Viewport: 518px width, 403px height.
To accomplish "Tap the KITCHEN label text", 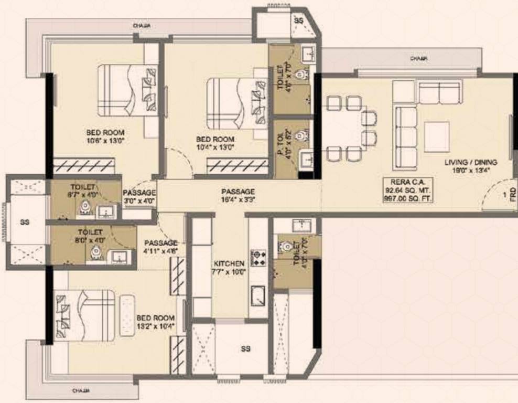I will pyautogui.click(x=229, y=267).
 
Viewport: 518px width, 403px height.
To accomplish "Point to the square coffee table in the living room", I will pyautogui.click(x=436, y=136).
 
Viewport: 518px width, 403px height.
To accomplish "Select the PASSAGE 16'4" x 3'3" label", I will pyautogui.click(x=238, y=196).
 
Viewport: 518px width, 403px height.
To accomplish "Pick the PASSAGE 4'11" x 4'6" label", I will pyautogui.click(x=161, y=247).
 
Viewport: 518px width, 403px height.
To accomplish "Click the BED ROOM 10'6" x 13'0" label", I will pyautogui.click(x=106, y=136).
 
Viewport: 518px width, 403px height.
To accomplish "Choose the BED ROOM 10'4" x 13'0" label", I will pyautogui.click(x=215, y=143).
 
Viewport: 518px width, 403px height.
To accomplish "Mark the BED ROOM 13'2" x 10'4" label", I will pyautogui.click(x=155, y=322).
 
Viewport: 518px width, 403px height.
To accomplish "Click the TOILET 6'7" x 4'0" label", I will pyautogui.click(x=83, y=190).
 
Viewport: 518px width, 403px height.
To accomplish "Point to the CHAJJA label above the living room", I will pyautogui.click(x=418, y=59).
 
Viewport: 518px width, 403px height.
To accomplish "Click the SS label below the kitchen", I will pyautogui.click(x=245, y=349).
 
